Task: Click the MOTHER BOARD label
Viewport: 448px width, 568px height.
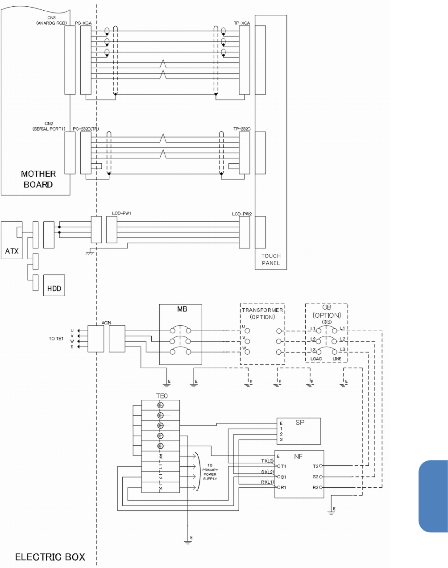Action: click(38, 179)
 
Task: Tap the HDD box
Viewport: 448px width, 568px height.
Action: click(54, 285)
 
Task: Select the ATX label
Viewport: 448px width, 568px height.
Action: click(12, 251)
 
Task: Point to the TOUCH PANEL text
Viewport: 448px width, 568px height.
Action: click(271, 259)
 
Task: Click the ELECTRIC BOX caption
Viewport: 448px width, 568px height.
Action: click(50, 557)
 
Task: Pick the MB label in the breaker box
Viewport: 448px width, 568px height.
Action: click(182, 309)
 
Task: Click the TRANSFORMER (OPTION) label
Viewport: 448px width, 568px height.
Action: click(262, 313)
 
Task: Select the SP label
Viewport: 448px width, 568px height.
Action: click(300, 423)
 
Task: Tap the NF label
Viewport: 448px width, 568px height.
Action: click(299, 456)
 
